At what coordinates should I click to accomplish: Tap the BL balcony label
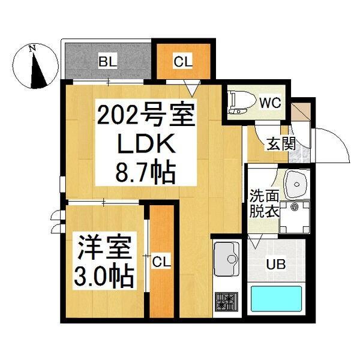point(108,61)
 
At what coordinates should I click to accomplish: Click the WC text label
point(271,102)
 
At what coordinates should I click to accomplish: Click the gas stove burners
point(227,301)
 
